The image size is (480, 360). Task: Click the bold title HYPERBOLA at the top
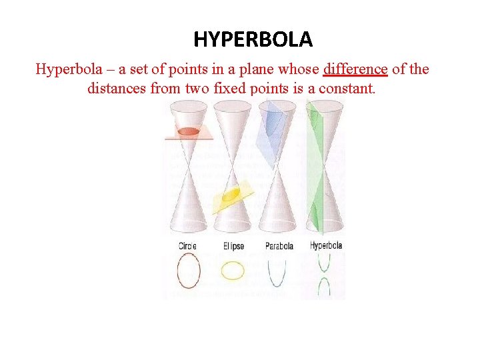[x=253, y=40]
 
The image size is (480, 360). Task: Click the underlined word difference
[x=355, y=69]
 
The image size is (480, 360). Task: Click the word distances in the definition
[x=117, y=88]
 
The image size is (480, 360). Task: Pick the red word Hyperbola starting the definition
[x=65, y=69]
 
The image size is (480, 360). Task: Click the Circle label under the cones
[x=187, y=246]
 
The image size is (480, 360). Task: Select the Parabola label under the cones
[x=279, y=246]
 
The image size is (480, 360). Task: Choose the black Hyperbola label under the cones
[x=326, y=245]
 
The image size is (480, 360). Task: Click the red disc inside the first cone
[x=189, y=131]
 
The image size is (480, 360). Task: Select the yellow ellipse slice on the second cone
[x=231, y=195]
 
